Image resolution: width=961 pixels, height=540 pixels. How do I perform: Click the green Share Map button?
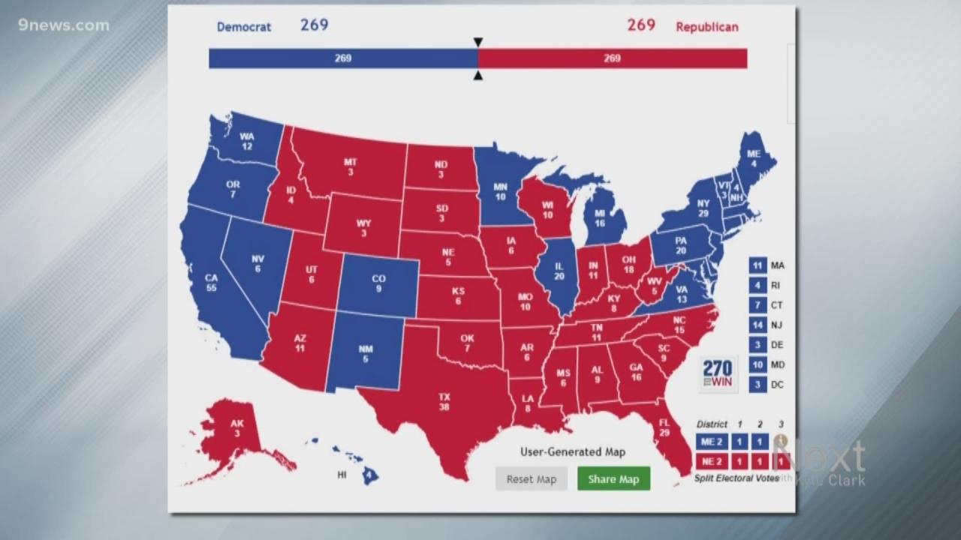pyautogui.click(x=613, y=479)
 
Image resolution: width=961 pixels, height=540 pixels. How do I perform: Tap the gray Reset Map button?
pyautogui.click(x=531, y=479)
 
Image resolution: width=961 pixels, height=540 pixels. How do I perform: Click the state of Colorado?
pyautogui.click(x=380, y=284)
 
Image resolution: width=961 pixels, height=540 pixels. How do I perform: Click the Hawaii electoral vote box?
pyautogui.click(x=369, y=475)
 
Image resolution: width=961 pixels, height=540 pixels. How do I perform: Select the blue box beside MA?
pyautogui.click(x=758, y=265)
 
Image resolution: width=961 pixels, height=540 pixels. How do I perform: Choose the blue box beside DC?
pyautogui.click(x=758, y=385)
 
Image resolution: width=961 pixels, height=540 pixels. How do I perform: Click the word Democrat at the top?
pyautogui.click(x=244, y=27)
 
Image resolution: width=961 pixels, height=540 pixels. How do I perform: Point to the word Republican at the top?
pyautogui.click(x=706, y=27)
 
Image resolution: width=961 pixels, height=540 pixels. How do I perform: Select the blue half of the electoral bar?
pyautogui.click(x=342, y=58)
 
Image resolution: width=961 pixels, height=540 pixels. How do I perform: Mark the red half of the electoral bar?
pyautogui.click(x=612, y=58)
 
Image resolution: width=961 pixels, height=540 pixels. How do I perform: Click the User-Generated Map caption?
pyautogui.click(x=572, y=451)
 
